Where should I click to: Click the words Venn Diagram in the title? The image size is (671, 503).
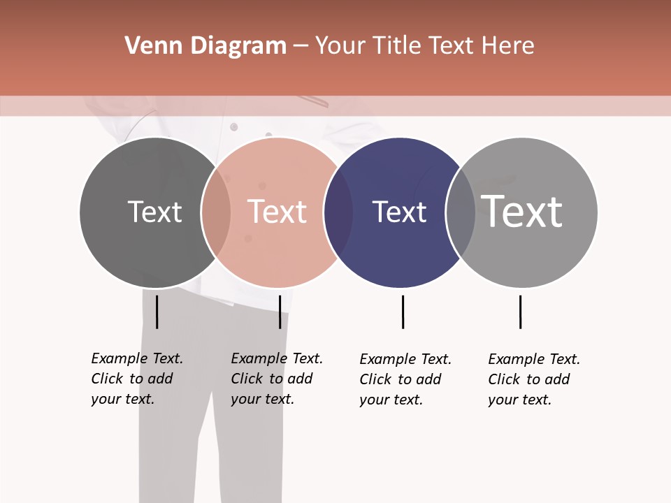tap(205, 46)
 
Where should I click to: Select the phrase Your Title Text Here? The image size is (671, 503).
tap(424, 46)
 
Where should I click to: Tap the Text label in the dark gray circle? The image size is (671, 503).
tap(154, 212)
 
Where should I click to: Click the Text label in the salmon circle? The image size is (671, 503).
tap(277, 212)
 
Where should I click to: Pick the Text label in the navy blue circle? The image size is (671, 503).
tap(399, 212)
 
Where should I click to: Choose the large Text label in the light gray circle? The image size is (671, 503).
tap(522, 212)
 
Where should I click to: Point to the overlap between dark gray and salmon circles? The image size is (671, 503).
tap(216, 212)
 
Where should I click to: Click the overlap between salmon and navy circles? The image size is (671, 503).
tap(338, 212)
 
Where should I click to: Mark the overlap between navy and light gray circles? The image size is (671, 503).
tap(461, 212)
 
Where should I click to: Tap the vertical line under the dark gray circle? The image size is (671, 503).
tap(157, 312)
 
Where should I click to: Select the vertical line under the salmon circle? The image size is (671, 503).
tap(280, 312)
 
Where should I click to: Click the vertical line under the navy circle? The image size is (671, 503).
tap(403, 312)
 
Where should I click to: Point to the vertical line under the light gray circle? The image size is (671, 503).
tap(520, 312)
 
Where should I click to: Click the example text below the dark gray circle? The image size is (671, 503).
tap(136, 379)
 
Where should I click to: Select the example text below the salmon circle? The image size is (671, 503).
tap(276, 379)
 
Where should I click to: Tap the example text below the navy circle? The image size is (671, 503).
tap(405, 379)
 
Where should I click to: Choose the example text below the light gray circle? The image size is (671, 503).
tap(533, 379)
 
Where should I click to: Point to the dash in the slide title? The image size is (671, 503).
tap(301, 46)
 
